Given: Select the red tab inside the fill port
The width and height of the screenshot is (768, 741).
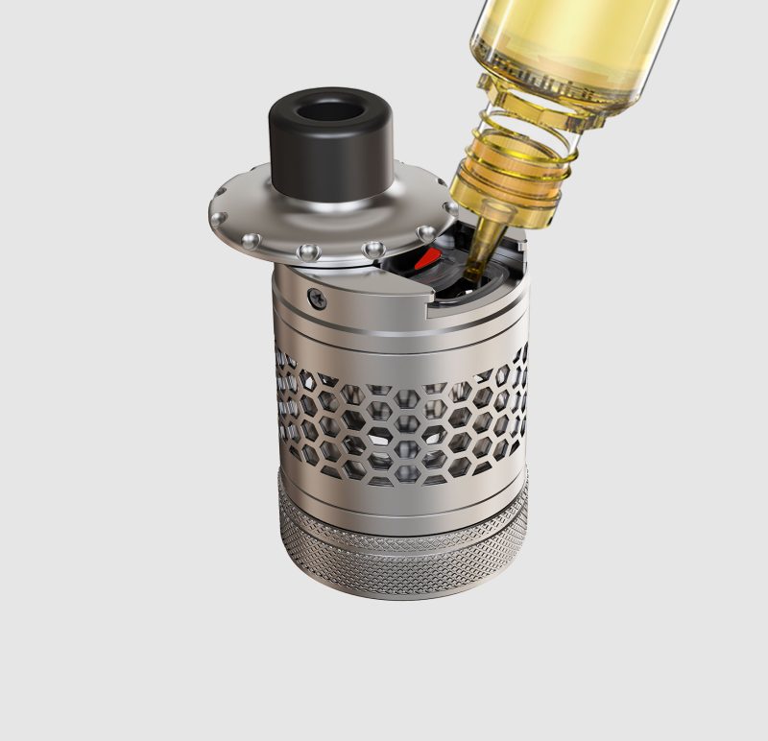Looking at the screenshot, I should point(427,258).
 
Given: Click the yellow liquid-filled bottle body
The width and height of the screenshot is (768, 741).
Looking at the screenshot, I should point(566,38).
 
